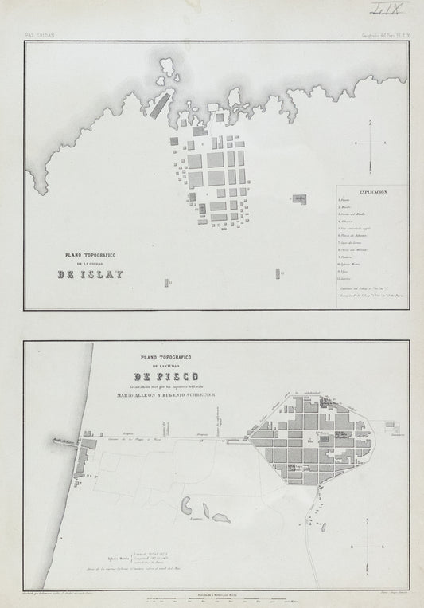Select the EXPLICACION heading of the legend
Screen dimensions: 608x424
point(371,192)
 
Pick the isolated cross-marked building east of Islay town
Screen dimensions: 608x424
point(298,198)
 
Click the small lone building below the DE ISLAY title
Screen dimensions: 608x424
point(166,283)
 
